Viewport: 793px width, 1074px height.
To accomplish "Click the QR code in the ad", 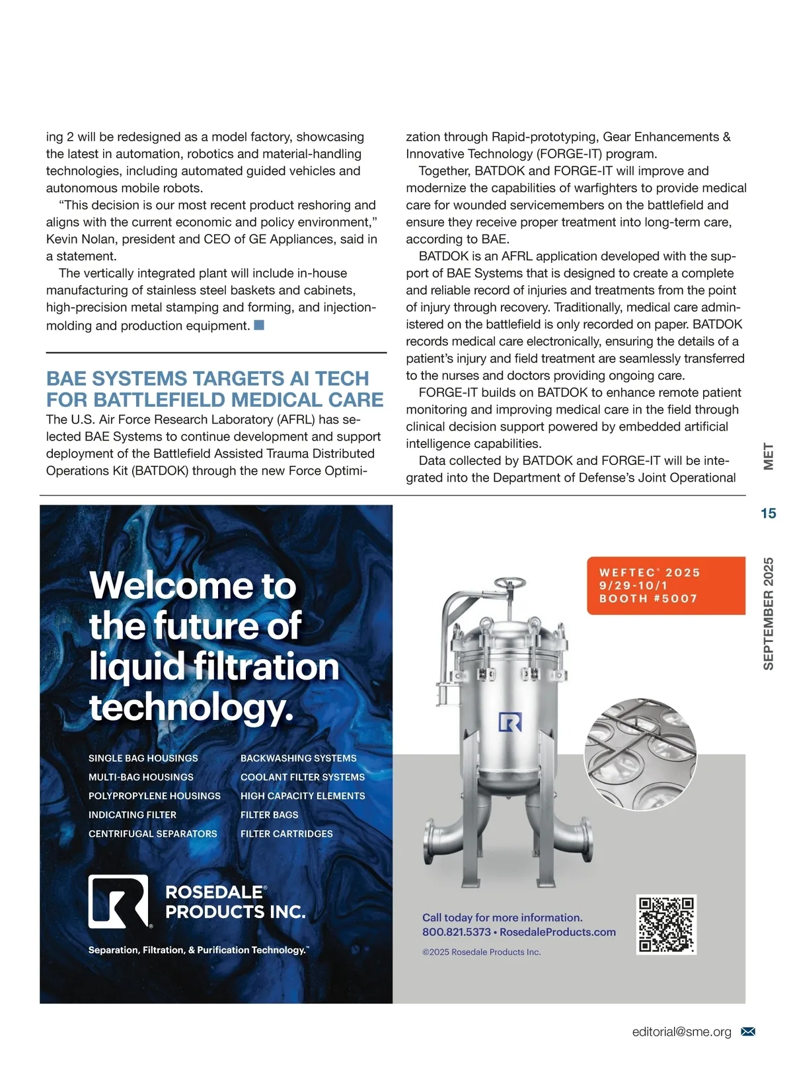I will click(x=666, y=924).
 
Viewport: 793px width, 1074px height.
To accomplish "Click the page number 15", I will click(x=768, y=513).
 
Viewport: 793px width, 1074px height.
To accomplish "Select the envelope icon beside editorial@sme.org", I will click(x=748, y=1032).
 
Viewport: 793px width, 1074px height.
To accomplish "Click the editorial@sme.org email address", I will click(x=681, y=1032).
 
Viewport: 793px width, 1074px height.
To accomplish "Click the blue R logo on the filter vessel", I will click(x=510, y=722).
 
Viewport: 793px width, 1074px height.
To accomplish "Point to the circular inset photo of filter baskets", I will click(x=640, y=754).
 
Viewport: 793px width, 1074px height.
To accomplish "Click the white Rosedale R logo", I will click(x=118, y=902).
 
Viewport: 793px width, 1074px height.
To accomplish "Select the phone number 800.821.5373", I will click(x=457, y=932).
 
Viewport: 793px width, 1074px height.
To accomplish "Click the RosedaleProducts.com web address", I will click(x=558, y=932).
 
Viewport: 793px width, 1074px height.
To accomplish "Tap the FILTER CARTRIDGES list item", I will click(x=287, y=834).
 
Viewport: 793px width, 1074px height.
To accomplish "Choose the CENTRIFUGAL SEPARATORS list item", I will click(x=153, y=834).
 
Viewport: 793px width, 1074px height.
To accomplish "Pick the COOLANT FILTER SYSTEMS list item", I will click(x=303, y=777).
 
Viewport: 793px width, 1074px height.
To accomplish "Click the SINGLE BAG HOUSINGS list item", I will click(x=143, y=758).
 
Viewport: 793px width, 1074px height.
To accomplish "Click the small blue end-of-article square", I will click(x=259, y=325).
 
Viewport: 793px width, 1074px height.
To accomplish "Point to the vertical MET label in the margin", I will click(x=768, y=456).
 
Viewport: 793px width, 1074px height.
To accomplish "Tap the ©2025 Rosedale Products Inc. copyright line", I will click(x=482, y=952).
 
